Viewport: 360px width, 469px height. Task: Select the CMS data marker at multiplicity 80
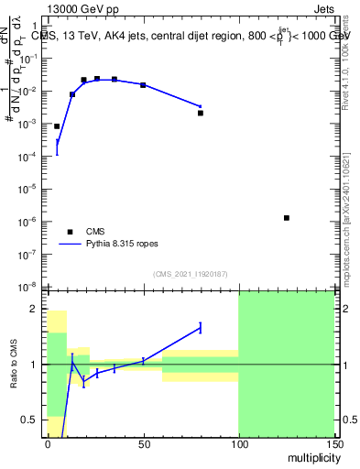[x=201, y=113]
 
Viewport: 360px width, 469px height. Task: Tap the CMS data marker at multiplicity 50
[x=143, y=84]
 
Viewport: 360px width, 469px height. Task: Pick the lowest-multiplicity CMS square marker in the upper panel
[x=57, y=126]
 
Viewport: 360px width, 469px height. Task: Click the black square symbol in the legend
[x=68, y=232]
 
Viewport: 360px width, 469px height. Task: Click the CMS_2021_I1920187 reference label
[x=190, y=273]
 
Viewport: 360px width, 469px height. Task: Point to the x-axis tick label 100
[x=238, y=443]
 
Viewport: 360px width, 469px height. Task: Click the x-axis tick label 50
[x=143, y=443]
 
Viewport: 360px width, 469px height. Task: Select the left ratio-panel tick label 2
[x=38, y=309]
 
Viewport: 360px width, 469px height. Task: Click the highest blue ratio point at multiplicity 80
[x=201, y=327]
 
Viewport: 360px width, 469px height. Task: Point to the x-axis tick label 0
[x=48, y=443]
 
